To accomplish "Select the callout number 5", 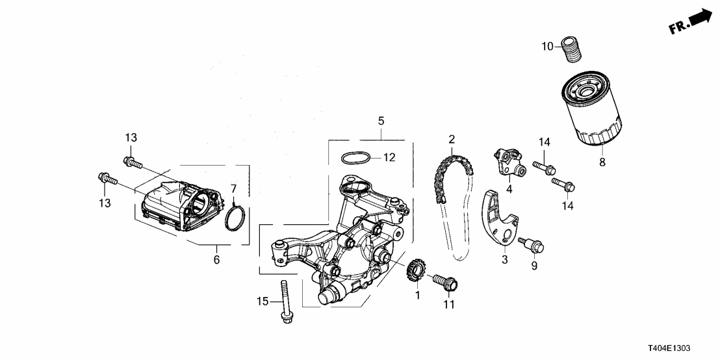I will pyautogui.click(x=381, y=121).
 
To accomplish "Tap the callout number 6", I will pyautogui.click(x=216, y=260).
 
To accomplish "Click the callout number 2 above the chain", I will pyautogui.click(x=451, y=139).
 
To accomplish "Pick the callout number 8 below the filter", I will pyautogui.click(x=602, y=162).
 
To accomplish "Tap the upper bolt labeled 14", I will pyautogui.click(x=543, y=167).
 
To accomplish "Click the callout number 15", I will pyautogui.click(x=263, y=301).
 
